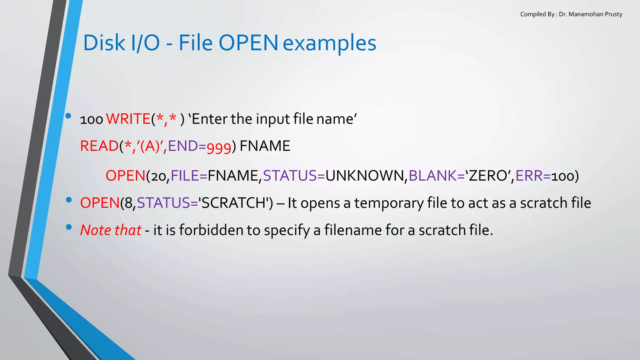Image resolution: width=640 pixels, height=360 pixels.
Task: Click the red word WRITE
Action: coord(128,119)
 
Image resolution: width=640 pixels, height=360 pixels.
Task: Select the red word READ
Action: coord(99,146)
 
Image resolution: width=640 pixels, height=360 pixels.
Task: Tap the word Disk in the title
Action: coord(104,43)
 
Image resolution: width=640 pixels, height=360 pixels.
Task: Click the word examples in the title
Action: coord(329,43)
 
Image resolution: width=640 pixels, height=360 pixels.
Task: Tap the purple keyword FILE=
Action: coord(189,176)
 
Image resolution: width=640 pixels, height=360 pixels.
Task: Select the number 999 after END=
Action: coord(219,147)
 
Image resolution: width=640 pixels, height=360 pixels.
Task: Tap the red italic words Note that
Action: coord(111,230)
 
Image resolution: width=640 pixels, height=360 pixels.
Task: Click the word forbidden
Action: coord(211,230)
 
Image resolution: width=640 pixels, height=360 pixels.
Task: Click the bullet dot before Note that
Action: coord(69,227)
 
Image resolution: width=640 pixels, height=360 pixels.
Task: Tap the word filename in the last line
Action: coord(353,230)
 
